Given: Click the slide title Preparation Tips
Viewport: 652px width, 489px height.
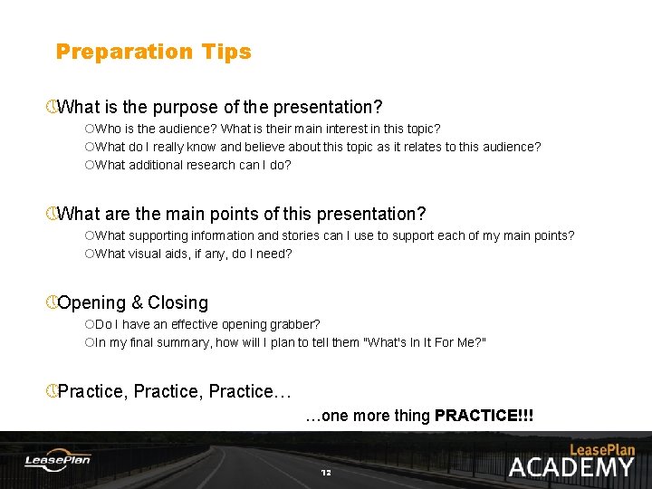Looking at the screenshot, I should point(153,52).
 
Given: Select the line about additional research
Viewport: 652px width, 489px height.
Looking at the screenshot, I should point(193,165).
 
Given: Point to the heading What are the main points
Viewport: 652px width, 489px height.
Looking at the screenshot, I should point(241,215).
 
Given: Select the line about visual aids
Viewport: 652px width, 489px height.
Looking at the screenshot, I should point(193,254).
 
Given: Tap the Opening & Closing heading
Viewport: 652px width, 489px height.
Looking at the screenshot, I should point(132,303).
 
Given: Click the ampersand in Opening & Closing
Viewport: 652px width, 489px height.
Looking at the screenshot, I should point(137,303).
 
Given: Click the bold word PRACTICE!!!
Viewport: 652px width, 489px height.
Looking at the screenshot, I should point(484,417).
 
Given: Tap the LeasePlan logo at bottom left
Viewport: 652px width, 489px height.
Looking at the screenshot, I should point(57,460).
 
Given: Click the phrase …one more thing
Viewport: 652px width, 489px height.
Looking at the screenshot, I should point(368,417).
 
